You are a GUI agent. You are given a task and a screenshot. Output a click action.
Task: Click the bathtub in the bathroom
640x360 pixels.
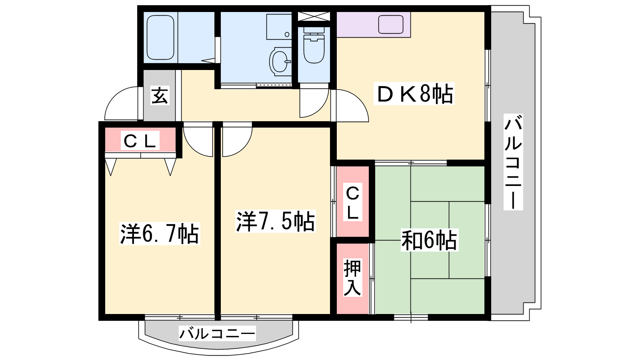(x=160, y=38)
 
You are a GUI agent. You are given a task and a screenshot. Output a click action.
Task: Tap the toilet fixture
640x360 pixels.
(x=314, y=45)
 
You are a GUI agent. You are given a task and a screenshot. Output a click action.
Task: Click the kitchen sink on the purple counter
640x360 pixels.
(x=390, y=24)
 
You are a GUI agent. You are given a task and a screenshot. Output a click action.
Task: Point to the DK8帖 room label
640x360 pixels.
(x=414, y=94)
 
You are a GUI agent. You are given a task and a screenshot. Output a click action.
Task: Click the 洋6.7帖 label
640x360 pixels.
(x=160, y=234)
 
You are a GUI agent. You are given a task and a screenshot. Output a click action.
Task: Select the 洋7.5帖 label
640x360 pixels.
(x=275, y=221)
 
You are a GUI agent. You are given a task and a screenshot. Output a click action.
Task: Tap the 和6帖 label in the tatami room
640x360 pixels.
(x=430, y=240)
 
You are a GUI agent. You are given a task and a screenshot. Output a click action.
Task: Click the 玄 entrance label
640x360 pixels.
(x=160, y=95)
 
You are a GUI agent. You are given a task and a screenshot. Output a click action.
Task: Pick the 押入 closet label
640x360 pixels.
(x=352, y=278)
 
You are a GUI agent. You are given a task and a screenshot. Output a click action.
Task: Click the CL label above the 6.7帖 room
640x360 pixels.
(x=140, y=140)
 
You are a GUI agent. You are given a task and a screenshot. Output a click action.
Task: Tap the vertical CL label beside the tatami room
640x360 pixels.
(x=352, y=202)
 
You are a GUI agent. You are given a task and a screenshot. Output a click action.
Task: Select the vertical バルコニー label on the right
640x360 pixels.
(x=513, y=162)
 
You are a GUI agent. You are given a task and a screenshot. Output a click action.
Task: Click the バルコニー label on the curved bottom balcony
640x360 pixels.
(x=217, y=333)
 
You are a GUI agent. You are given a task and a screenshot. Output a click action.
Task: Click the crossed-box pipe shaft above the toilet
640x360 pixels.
(x=314, y=16)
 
